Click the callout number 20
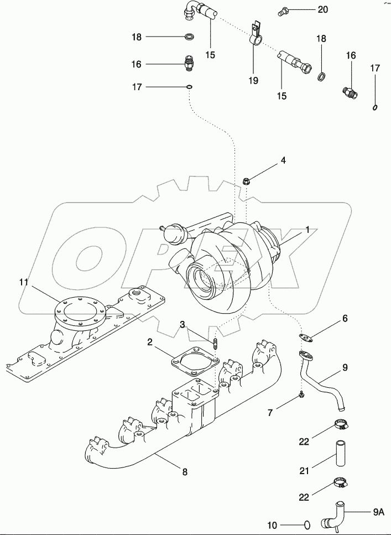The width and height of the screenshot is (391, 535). click(322, 10)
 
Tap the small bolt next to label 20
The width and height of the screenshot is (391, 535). click(284, 10)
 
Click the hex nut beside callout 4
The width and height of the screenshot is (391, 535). click(246, 179)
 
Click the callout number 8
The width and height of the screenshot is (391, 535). click(185, 472)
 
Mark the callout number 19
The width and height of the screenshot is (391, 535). click(253, 81)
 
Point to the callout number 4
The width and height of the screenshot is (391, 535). click(283, 161)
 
